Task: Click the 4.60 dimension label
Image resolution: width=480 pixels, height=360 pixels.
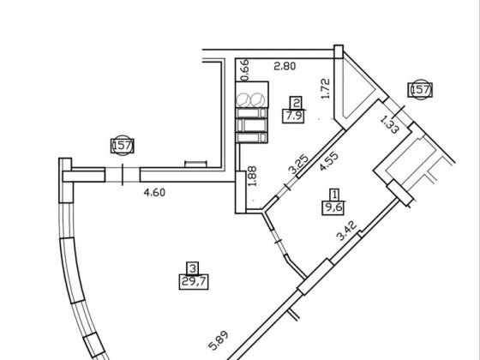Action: pyautogui.click(x=154, y=193)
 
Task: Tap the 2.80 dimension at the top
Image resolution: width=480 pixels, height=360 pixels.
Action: pyautogui.click(x=285, y=66)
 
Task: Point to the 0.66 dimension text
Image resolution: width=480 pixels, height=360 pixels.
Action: pyautogui.click(x=245, y=70)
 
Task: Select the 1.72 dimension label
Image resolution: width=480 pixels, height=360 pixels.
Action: pyautogui.click(x=326, y=88)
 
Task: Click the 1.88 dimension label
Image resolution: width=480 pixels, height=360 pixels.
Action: pyautogui.click(x=252, y=176)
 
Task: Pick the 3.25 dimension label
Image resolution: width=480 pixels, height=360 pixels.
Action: pyautogui.click(x=298, y=165)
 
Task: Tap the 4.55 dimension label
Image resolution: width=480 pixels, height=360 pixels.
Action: pyautogui.click(x=329, y=161)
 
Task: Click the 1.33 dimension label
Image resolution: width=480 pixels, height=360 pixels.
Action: pyautogui.click(x=389, y=124)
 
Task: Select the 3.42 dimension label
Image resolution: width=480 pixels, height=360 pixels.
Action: pyautogui.click(x=347, y=231)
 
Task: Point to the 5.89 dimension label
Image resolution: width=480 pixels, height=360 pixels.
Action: pyautogui.click(x=219, y=340)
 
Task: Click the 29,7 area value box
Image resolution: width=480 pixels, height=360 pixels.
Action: pyautogui.click(x=194, y=282)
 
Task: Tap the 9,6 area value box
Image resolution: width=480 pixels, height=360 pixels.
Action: pyautogui.click(x=333, y=207)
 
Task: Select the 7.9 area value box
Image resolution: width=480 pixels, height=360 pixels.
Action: pyautogui.click(x=293, y=116)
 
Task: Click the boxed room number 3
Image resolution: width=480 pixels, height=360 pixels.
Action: pyautogui.click(x=193, y=268)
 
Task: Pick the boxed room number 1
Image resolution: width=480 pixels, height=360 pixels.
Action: pyautogui.click(x=335, y=195)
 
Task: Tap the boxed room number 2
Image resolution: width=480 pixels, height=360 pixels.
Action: pyautogui.click(x=296, y=103)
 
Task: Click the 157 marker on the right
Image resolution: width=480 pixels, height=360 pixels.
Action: pyautogui.click(x=420, y=90)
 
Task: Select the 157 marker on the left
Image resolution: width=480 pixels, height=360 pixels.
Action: pyautogui.click(x=123, y=146)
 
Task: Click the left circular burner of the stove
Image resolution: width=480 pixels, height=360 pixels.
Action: pyautogui.click(x=243, y=99)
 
